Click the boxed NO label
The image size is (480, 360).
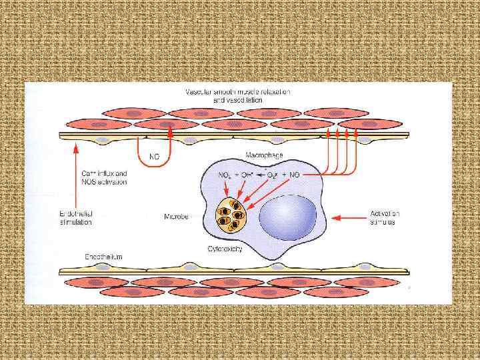[154, 159]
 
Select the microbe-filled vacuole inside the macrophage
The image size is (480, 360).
[231, 216]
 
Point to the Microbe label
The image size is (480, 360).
[177, 216]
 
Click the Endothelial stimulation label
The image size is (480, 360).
[76, 217]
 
